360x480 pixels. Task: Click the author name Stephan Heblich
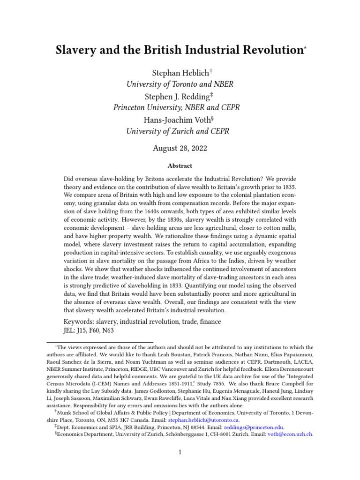pos(178,72)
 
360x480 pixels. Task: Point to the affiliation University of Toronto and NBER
pos(180,84)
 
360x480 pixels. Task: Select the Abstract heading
pos(180,166)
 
